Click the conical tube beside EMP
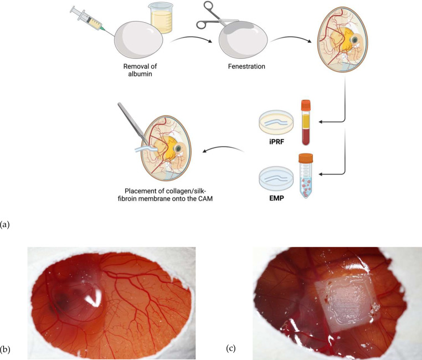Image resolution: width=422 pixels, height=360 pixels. point(306,178)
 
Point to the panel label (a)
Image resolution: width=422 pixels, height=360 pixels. point(6,225)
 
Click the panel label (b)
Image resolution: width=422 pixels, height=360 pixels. point(7,349)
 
